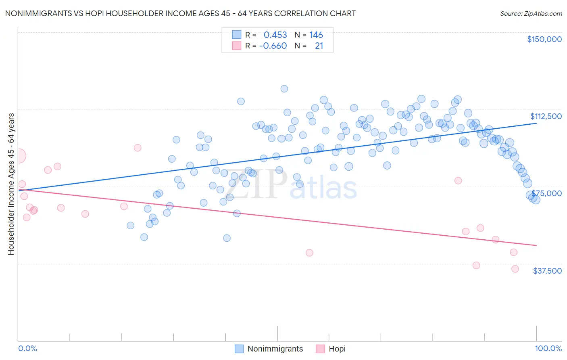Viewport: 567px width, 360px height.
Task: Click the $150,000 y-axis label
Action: pyautogui.click(x=544, y=39)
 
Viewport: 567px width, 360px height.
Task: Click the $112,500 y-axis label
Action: pyautogui.click(x=546, y=116)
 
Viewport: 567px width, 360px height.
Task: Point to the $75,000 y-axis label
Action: pyautogui.click(x=546, y=193)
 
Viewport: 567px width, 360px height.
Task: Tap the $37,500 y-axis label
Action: pyautogui.click(x=547, y=271)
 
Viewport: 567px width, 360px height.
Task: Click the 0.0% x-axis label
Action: pyautogui.click(x=27, y=348)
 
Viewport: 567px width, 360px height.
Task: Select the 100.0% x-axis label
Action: pyautogui.click(x=548, y=348)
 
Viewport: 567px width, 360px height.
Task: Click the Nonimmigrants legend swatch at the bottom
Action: pyautogui.click(x=239, y=349)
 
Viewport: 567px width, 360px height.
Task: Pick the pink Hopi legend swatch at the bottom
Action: pyautogui.click(x=320, y=349)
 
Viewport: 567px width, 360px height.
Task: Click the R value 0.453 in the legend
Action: pyautogui.click(x=275, y=35)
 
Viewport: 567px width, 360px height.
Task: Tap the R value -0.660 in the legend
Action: pyautogui.click(x=273, y=46)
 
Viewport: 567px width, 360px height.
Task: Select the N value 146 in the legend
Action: pyautogui.click(x=316, y=35)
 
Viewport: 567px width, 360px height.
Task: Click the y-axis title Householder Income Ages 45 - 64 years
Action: pyautogui.click(x=11, y=184)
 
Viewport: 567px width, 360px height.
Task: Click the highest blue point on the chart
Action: pyautogui.click(x=284, y=89)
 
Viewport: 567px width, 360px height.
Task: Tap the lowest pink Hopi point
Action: pyautogui.click(x=515, y=269)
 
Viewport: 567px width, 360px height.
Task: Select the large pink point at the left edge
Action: pyautogui.click(x=19, y=156)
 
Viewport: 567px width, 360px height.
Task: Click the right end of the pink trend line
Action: pyautogui.click(x=536, y=245)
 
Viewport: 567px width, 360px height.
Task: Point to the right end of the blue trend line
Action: pyautogui.click(x=536, y=123)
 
